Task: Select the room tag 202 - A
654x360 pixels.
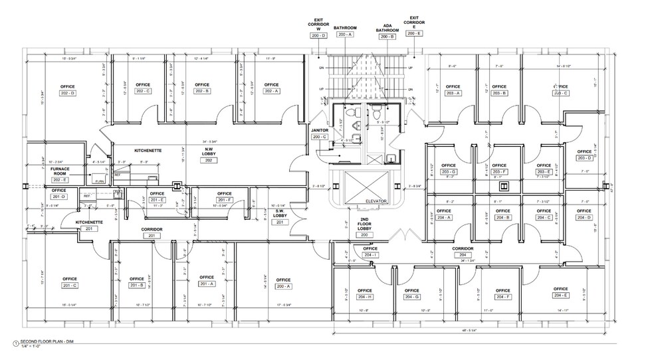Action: pyautogui.click(x=271, y=92)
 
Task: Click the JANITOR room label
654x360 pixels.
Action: pyautogui.click(x=320, y=131)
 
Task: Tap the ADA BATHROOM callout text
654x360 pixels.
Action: pyautogui.click(x=387, y=29)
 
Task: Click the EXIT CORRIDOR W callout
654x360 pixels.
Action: pyautogui.click(x=318, y=27)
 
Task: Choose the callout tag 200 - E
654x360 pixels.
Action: pyautogui.click(x=413, y=33)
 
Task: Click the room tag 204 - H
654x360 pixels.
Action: pyautogui.click(x=364, y=297)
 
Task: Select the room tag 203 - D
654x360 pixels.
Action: pyautogui.click(x=584, y=157)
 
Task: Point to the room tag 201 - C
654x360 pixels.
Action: pyautogui.click(x=69, y=285)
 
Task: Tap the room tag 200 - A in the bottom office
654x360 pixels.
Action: pyautogui.click(x=284, y=286)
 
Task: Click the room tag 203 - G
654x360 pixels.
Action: pyautogui.click(x=448, y=172)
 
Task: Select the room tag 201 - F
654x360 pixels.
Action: pyautogui.click(x=224, y=200)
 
